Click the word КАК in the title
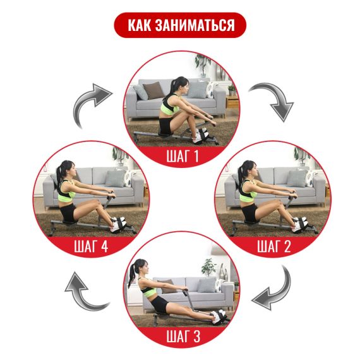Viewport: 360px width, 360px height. pyautogui.click(x=140, y=25)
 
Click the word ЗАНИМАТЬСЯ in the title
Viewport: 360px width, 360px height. pyautogui.click(x=195, y=25)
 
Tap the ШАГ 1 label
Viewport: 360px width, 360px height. pyautogui.click(x=183, y=156)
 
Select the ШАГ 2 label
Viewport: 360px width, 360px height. pyautogui.click(x=273, y=246)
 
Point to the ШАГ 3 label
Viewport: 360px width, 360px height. pyautogui.click(x=183, y=336)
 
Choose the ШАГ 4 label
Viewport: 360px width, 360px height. pyautogui.click(x=91, y=246)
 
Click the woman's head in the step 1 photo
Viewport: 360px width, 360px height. pyautogui.click(x=180, y=86)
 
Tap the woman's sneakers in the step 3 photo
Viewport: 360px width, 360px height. pyautogui.click(x=218, y=316)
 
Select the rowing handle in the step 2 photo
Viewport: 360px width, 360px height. pyautogui.click(x=293, y=194)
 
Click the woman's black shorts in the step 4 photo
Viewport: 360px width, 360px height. pyautogui.click(x=68, y=212)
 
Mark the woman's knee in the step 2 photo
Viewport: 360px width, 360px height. pyautogui.click(x=279, y=202)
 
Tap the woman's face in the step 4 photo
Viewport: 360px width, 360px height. pyautogui.click(x=73, y=171)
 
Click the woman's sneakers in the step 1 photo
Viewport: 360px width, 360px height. pyautogui.click(x=201, y=135)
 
